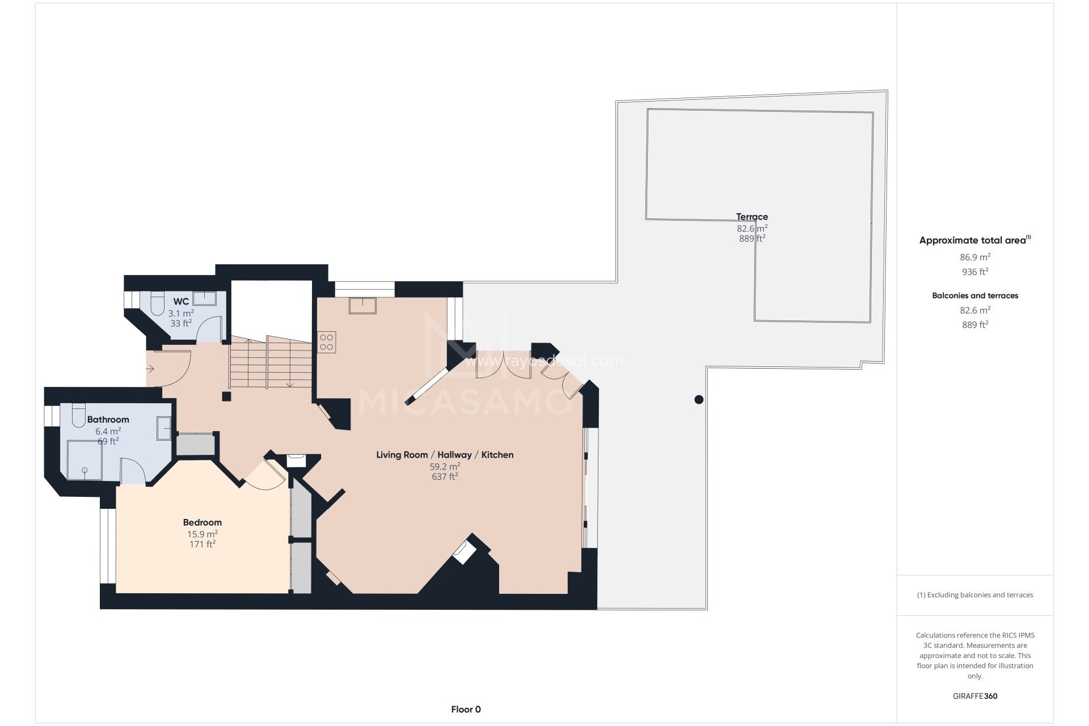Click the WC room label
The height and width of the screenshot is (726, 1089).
coord(181,301)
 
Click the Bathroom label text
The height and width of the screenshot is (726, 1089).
coord(108,420)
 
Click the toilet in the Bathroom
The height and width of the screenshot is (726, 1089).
coord(78,416)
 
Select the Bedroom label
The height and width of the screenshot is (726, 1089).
coord(202,522)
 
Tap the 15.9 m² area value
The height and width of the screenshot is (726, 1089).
coord(202,534)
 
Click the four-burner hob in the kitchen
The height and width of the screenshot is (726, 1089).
coord(326,342)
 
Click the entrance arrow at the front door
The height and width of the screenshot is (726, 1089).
coord(150,369)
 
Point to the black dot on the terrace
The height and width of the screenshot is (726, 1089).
coord(699,399)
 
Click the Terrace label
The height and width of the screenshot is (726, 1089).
coord(752,217)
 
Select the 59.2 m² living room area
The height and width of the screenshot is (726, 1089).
coord(445,467)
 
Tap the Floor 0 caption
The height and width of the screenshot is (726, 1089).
coord(466,709)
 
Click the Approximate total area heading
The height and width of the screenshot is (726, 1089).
coord(973,240)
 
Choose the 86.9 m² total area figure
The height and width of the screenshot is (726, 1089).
coord(975,257)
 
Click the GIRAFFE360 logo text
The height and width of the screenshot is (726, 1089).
coord(975,696)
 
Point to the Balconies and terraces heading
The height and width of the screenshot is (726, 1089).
coord(975,296)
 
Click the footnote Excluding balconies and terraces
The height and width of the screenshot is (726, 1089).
coord(975,595)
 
